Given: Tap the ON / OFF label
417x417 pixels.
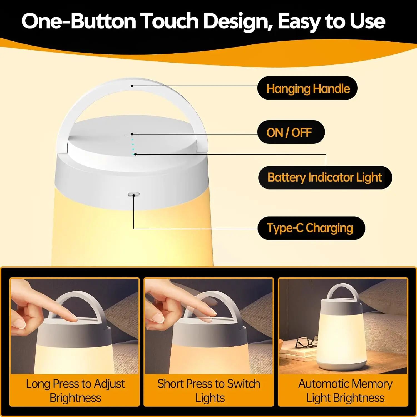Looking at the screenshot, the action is (x=291, y=132).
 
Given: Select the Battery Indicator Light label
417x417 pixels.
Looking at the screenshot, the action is (x=325, y=177).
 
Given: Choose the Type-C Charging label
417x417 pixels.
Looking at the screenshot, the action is (x=311, y=228).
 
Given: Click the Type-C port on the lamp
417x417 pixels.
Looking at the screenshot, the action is (x=134, y=194).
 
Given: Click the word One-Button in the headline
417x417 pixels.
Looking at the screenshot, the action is (x=79, y=21).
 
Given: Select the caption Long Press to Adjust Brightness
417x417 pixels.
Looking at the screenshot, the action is (x=75, y=391).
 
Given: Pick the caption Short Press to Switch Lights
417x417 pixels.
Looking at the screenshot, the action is (x=209, y=391).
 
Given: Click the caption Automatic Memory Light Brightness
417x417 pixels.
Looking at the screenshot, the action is (x=345, y=391).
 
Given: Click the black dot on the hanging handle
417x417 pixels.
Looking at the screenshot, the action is (x=132, y=86).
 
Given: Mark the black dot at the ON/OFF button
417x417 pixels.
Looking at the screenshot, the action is (x=132, y=134).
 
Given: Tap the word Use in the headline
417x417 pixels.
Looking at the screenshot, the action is (x=368, y=21).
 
